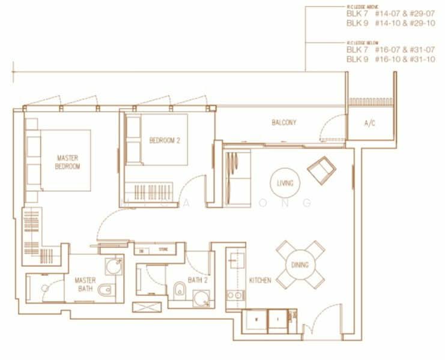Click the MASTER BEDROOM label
pyautogui.click(x=68, y=162)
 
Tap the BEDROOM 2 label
pyautogui.click(x=165, y=140)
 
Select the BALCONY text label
pyautogui.click(x=284, y=122)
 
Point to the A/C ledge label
pyautogui.click(x=370, y=124)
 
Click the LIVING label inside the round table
pyautogui.click(x=285, y=183)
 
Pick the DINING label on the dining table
pyautogui.click(x=300, y=265)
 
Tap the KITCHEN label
pyautogui.click(x=260, y=280)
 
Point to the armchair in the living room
pyautogui.click(x=321, y=170)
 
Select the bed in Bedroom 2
pyautogui.click(x=156, y=140)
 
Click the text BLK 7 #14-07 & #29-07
pyautogui.click(x=390, y=13)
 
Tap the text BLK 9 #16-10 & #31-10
pyautogui.click(x=390, y=59)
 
